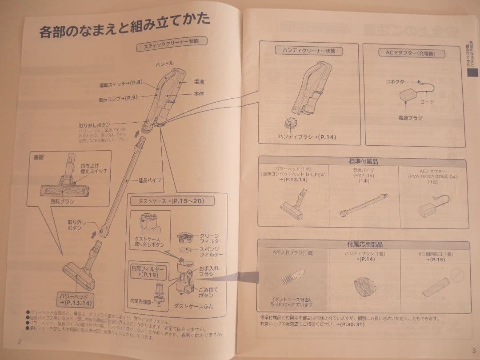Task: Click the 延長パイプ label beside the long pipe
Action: [x=150, y=180]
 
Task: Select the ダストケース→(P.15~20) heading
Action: [x=171, y=201]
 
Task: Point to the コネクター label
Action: [x=397, y=82]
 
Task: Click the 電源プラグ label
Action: [x=410, y=118]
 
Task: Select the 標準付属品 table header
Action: [x=363, y=161]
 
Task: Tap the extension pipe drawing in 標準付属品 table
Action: [x=364, y=205]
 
